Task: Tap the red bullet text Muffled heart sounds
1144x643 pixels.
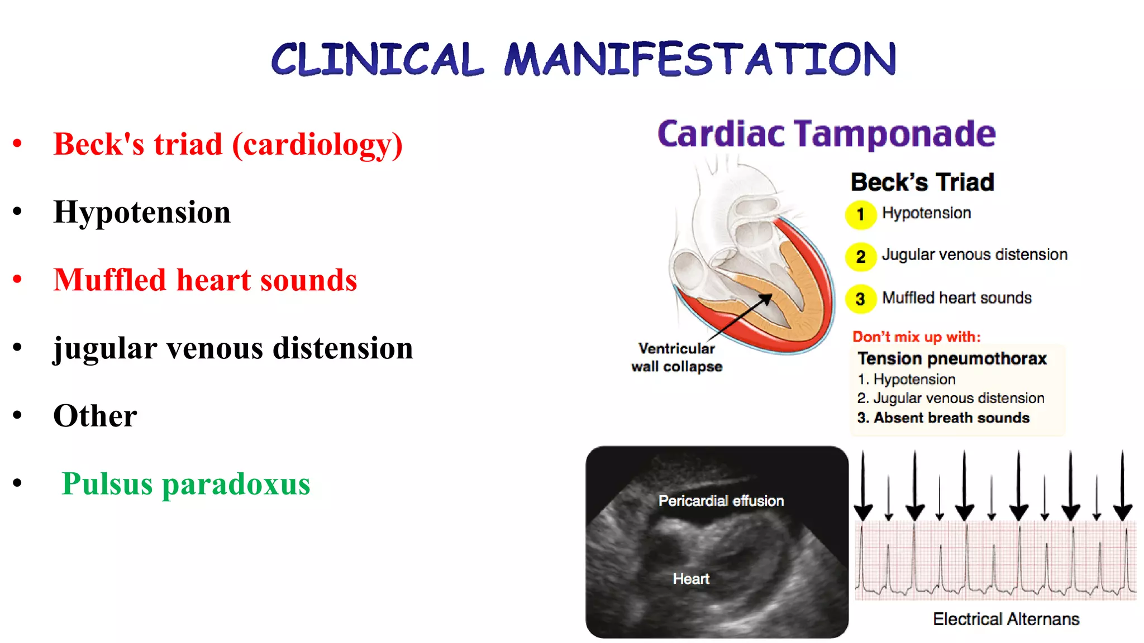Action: pos(205,280)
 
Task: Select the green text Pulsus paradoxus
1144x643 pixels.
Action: pos(185,484)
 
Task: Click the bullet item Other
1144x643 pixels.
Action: pos(95,416)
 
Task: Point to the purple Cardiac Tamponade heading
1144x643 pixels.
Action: pos(826,134)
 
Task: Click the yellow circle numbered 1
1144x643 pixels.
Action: pos(860,214)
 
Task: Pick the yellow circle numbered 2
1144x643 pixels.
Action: pos(860,257)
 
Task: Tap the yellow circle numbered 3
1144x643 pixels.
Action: pos(860,299)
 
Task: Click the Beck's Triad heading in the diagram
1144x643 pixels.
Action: pos(922,183)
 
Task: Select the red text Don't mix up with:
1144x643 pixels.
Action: pos(916,337)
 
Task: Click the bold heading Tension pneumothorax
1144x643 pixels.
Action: pos(952,358)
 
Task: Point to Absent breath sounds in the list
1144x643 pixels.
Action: pos(943,418)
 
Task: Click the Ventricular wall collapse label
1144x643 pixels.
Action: pos(676,357)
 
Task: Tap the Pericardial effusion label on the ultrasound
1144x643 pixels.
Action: pos(721,501)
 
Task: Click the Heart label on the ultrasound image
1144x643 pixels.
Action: pos(691,579)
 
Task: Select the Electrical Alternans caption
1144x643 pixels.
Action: pos(1005,619)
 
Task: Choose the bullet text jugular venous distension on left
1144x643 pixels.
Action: pos(233,348)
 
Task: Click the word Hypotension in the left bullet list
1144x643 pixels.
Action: pos(142,213)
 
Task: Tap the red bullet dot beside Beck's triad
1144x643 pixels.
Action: pos(17,143)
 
